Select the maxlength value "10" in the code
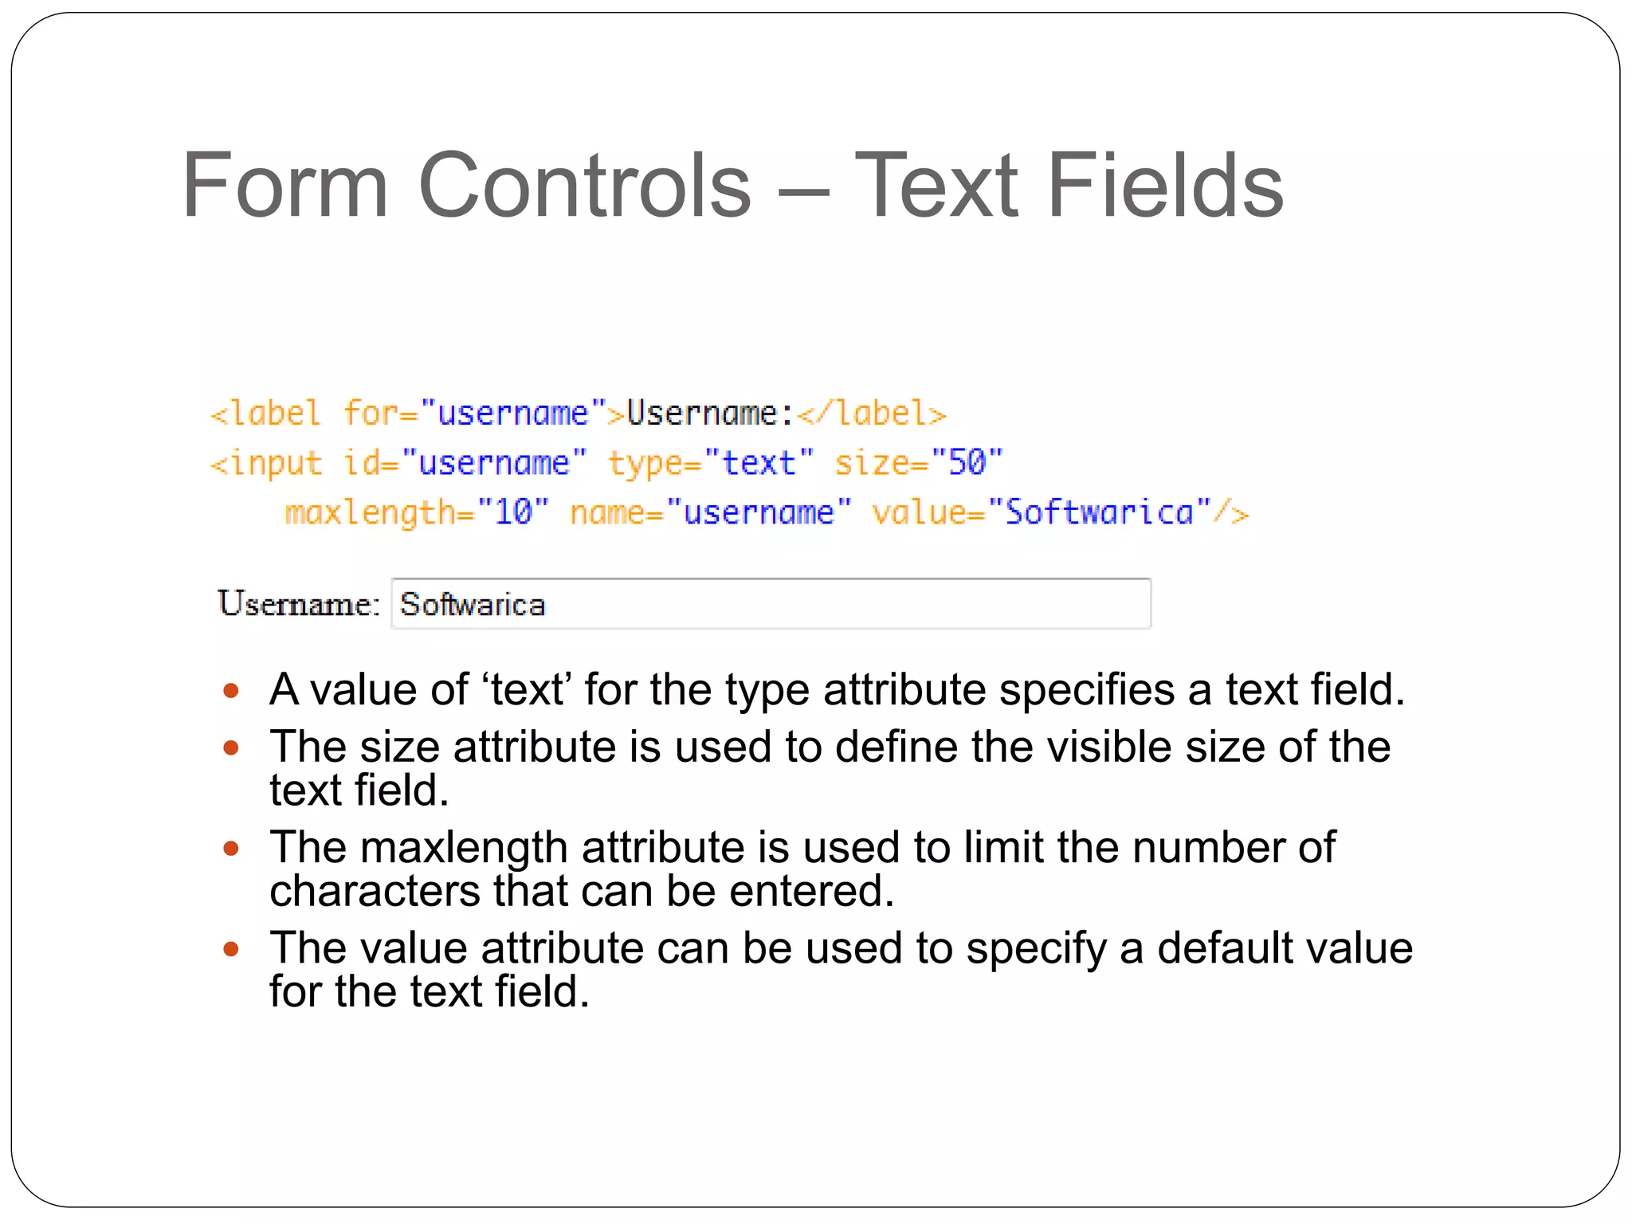[513, 512]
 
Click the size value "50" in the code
[967, 462]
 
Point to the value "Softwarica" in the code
[1100, 512]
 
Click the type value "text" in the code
[758, 462]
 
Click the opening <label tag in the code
[265, 414]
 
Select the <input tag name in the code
[266, 463]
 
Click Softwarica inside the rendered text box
[473, 604]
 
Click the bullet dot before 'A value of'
[231, 690]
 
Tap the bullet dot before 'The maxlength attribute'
[231, 848]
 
